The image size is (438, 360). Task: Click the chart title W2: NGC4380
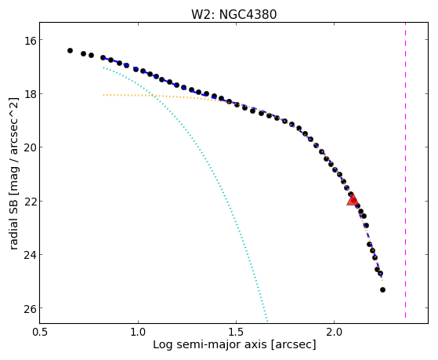pos(233,15)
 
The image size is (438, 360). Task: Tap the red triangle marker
pos(353,200)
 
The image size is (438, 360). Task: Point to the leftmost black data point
pos(70,50)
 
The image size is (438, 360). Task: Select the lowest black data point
pos(382,289)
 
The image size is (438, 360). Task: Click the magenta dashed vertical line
pos(405,170)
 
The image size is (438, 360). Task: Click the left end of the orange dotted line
pos(103,95)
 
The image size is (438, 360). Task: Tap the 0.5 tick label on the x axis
pos(40,332)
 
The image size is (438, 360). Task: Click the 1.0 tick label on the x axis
pos(138,332)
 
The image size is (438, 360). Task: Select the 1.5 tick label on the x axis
pos(237,332)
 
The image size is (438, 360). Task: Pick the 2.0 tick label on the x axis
pos(335,332)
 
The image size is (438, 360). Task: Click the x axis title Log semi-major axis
pos(209,345)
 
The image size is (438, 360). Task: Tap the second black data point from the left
pos(83,53)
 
